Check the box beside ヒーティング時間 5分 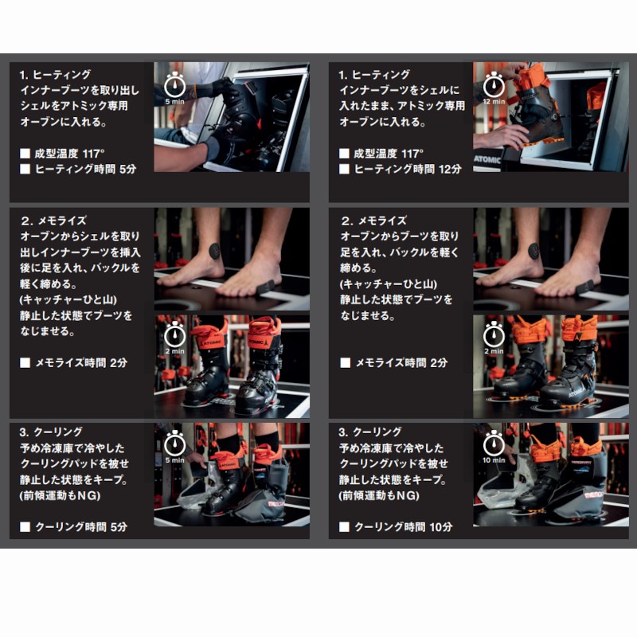25,169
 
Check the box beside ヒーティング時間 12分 344,169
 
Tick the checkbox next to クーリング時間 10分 344,527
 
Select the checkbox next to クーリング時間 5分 25,527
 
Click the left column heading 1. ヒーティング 55,75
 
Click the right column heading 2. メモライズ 373,221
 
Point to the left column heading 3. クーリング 51,432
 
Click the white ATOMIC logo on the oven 487,159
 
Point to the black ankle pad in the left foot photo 215,251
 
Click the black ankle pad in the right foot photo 533,251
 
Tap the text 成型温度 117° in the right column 389,154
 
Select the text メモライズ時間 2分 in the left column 81,363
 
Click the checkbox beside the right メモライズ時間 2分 345,363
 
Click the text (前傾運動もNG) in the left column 60,495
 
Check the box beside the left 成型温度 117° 25,154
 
